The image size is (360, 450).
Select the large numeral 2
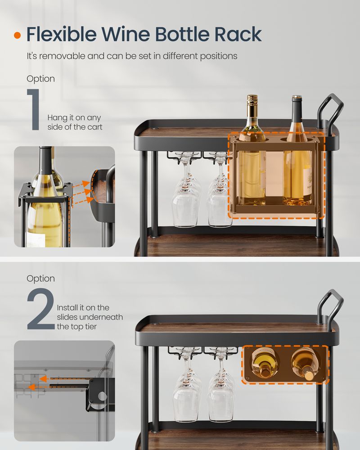coord(40,310)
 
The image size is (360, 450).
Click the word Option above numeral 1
coord(40,79)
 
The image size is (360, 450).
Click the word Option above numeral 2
coord(40,279)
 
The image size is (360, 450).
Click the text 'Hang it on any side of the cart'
coord(75,122)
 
